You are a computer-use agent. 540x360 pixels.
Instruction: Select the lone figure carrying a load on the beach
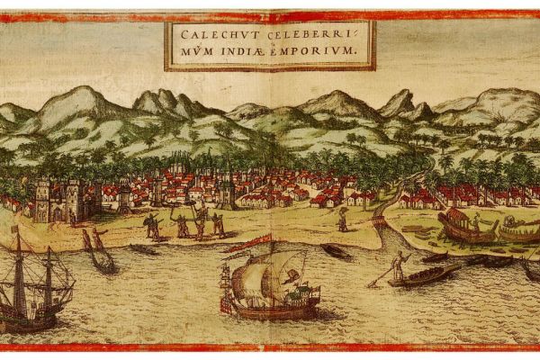(343, 219)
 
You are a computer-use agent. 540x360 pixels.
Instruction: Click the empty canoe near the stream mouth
(335, 251)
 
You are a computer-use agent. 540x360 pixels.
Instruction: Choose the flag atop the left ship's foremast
(14, 230)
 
